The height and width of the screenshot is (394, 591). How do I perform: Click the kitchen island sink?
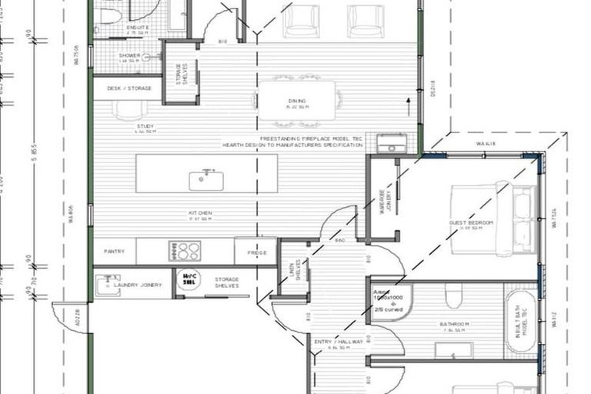click(206, 180)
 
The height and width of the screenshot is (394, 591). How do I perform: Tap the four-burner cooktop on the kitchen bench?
click(185, 250)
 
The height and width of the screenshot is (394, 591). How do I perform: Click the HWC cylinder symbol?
click(189, 281)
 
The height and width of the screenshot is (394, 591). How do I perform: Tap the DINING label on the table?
click(297, 101)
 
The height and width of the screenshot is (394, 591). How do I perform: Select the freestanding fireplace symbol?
click(392, 143)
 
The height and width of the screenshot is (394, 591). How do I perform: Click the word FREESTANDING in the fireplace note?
click(243, 139)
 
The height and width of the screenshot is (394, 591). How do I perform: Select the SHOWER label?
click(129, 55)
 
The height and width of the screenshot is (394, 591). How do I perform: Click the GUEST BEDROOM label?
click(470, 222)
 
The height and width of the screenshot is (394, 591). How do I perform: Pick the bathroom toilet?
click(454, 295)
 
